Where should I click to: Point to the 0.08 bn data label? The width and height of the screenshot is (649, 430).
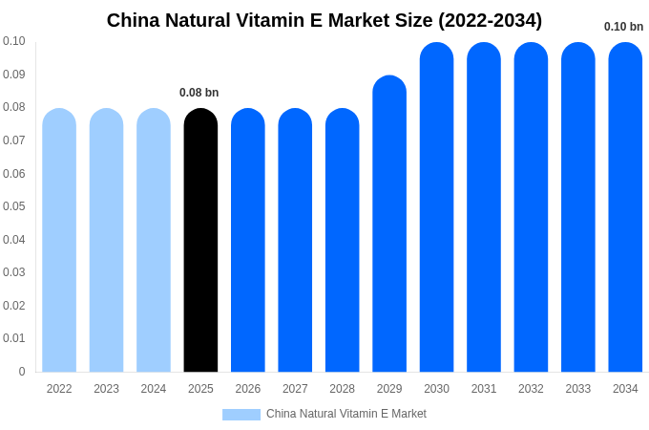[x=199, y=93]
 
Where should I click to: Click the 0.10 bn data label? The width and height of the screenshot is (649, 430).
[x=623, y=27]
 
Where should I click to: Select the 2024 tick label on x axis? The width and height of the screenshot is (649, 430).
[x=154, y=389]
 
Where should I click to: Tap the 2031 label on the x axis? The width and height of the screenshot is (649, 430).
[x=484, y=389]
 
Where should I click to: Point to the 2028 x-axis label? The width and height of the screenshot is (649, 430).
[x=342, y=389]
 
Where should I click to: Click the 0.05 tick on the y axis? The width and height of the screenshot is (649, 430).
[x=14, y=206]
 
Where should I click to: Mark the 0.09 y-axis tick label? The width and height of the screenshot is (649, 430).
[x=14, y=75]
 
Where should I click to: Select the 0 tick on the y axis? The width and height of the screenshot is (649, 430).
[x=22, y=372]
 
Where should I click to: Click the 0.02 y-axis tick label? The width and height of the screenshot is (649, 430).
[x=14, y=306]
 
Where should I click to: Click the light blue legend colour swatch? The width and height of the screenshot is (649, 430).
[x=241, y=415]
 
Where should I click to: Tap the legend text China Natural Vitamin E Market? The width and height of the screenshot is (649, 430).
[x=346, y=414]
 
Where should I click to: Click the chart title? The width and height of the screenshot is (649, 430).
[x=324, y=20]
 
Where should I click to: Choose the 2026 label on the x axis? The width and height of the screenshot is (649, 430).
[x=248, y=389]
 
